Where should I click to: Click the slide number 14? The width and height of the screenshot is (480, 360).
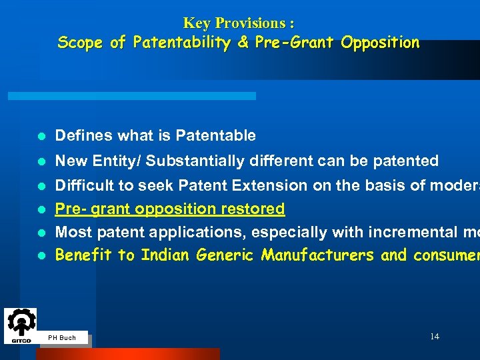434,337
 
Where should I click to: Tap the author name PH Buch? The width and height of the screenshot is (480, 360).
62,338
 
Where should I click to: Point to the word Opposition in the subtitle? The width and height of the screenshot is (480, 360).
380,43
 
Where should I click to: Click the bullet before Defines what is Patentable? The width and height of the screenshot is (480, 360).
41,136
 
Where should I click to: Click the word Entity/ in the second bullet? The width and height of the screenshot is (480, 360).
117,161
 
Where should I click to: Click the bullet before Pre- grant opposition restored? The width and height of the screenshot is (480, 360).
41,209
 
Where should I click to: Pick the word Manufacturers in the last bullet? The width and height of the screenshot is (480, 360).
318,255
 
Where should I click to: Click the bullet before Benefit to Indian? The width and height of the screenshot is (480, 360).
41,255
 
